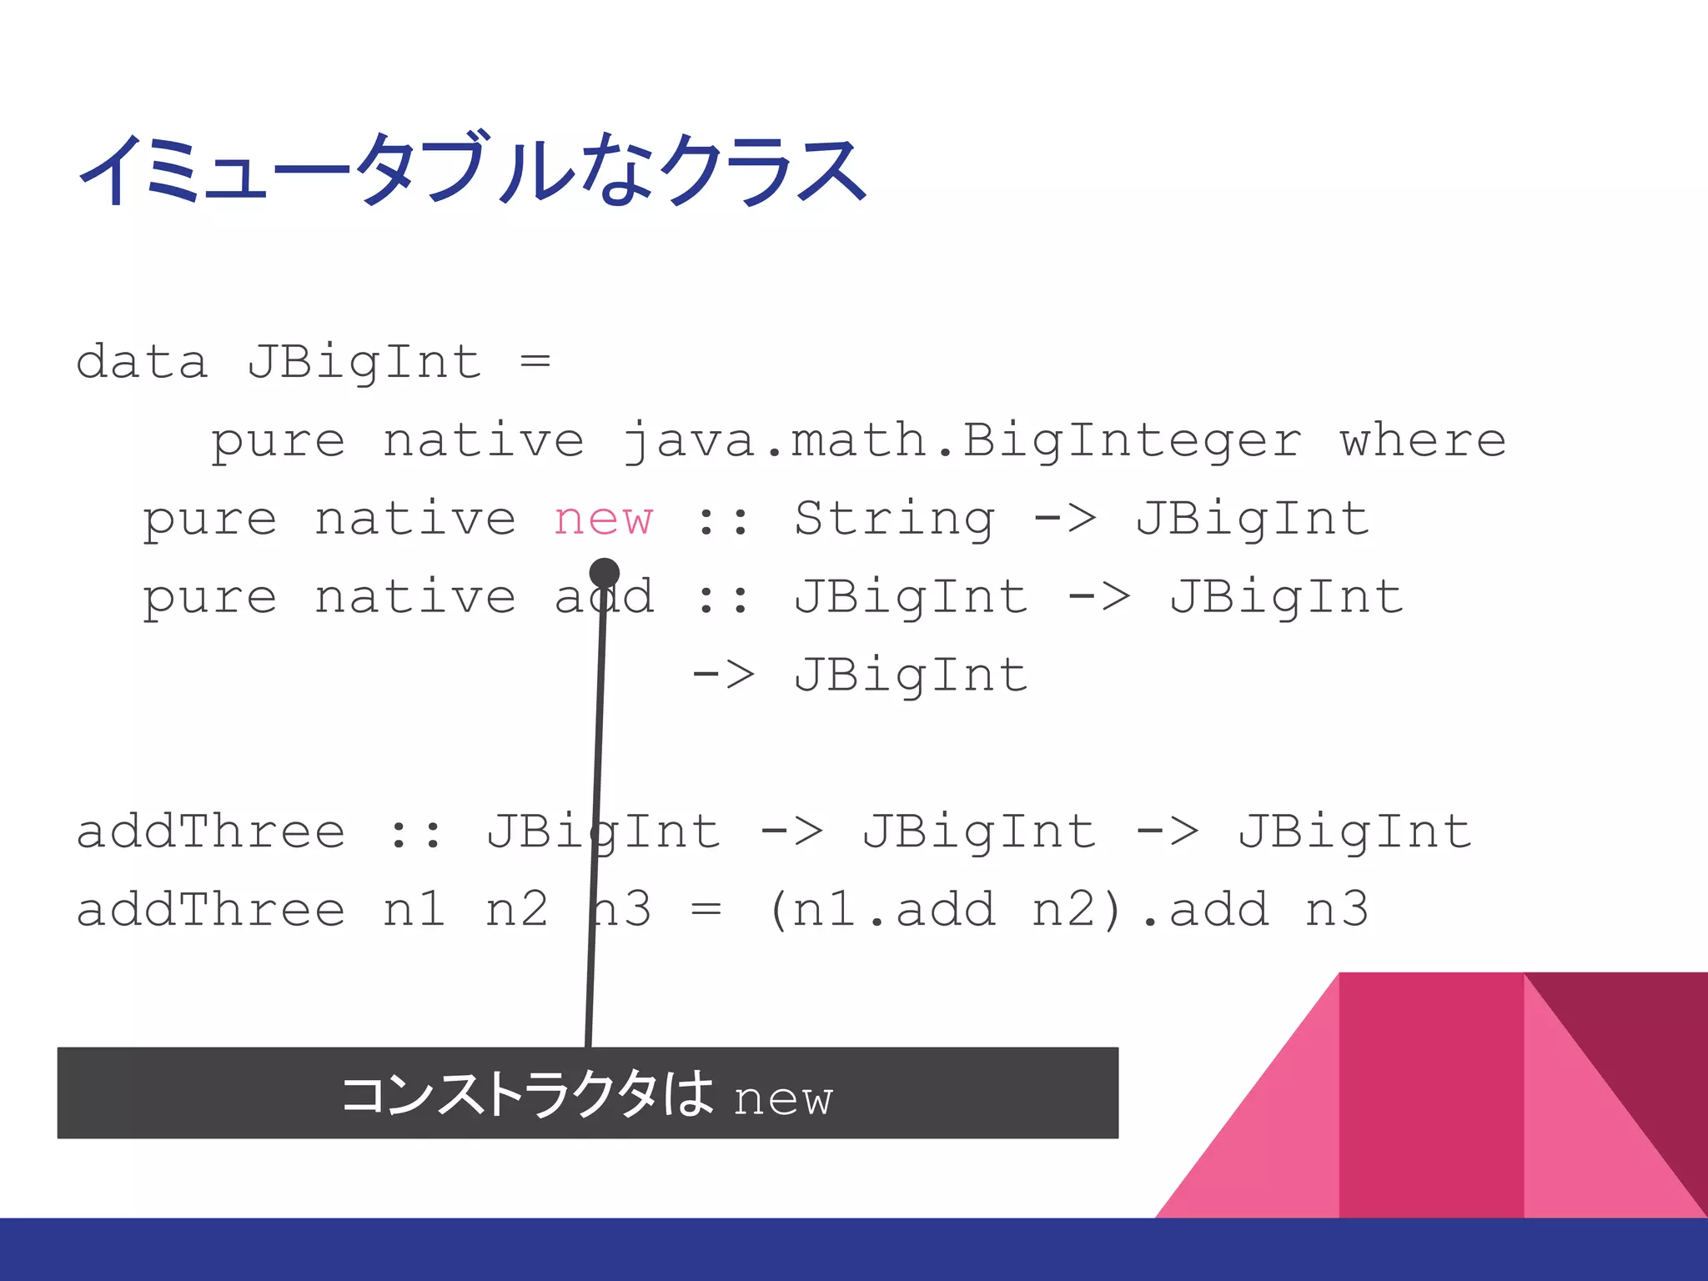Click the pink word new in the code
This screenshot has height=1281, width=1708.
point(603,520)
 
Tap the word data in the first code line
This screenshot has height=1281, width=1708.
point(141,363)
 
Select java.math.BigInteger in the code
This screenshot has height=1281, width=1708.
point(962,441)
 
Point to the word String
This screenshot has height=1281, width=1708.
point(894,520)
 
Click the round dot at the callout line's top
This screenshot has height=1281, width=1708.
point(604,573)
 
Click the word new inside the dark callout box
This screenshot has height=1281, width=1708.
point(783,1099)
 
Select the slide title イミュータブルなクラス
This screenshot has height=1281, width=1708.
point(472,170)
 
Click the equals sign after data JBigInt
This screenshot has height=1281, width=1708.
point(535,361)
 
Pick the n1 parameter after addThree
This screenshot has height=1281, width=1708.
point(414,909)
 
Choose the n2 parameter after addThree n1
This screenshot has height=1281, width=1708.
point(516,909)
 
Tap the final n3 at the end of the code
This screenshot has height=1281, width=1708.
point(1337,909)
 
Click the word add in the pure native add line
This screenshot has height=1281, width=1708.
point(604,597)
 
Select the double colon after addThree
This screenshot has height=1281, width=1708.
point(414,833)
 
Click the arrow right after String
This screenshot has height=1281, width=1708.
point(1065,519)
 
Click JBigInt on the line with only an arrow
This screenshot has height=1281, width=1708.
point(911,676)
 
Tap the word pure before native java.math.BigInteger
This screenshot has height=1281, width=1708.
point(277,441)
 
